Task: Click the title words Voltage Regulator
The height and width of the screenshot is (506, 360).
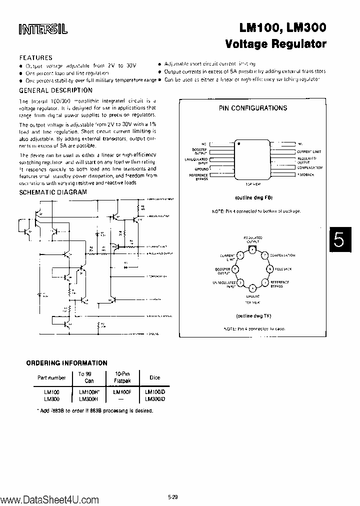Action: [x=276, y=43]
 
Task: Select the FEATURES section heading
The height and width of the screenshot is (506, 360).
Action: [x=35, y=57]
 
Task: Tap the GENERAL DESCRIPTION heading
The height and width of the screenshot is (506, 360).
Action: [x=55, y=90]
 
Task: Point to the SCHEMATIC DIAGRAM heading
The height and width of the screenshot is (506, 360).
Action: [x=53, y=192]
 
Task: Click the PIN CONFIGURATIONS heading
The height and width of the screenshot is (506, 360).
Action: [x=253, y=108]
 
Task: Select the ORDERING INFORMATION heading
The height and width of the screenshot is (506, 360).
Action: [x=66, y=363]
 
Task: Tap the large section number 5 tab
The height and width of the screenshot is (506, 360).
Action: [x=339, y=240]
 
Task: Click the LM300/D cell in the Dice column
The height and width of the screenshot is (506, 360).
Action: [x=154, y=398]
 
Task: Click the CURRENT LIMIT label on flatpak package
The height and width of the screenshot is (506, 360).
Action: [x=309, y=151]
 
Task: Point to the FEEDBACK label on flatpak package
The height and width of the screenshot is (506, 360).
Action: [x=306, y=175]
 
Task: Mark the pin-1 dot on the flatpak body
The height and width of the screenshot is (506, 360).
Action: [x=239, y=143]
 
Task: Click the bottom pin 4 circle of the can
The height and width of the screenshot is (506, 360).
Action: [x=252, y=287]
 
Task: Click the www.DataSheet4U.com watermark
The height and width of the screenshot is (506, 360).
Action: [x=42, y=498]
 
